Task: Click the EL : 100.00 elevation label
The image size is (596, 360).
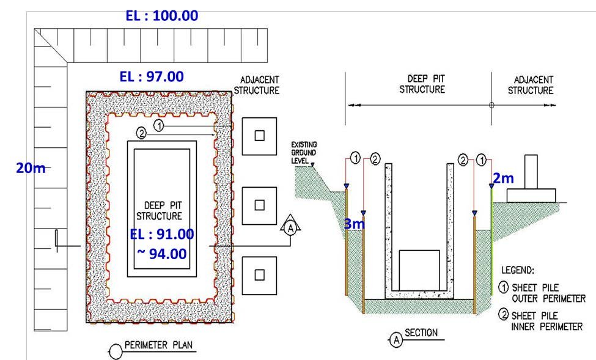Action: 162,16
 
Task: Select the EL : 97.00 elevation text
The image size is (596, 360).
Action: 152,76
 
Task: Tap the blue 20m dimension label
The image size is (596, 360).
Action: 31,167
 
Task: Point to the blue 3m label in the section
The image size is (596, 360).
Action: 355,224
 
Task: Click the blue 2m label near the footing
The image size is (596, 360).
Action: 503,178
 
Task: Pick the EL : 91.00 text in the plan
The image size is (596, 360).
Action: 162,234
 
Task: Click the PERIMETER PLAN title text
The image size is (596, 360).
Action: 158,345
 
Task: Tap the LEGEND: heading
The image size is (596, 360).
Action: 518,270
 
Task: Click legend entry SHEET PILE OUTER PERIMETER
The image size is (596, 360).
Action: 542,293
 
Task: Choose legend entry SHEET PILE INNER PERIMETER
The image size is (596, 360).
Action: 541,321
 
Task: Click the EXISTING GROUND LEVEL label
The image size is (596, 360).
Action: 304,153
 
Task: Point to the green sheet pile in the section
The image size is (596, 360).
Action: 491,242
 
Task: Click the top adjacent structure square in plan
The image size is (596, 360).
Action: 259,136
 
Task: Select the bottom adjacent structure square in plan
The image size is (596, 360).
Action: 259,275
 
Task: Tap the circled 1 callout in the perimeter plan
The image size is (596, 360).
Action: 160,125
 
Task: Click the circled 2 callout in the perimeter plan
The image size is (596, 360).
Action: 141,133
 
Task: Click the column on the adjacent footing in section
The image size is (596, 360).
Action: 531,172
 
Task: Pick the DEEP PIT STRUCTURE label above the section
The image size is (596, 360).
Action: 422,84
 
